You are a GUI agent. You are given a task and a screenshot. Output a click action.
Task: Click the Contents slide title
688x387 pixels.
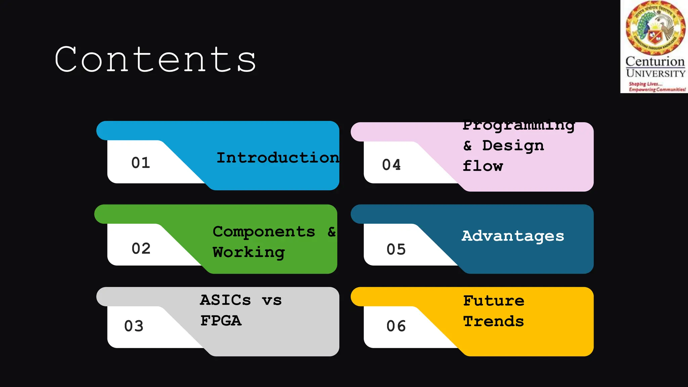155,60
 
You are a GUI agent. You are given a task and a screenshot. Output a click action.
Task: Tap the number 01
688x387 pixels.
140,163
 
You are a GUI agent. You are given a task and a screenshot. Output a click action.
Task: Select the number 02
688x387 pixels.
141,249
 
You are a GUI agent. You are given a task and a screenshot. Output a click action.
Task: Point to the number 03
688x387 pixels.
134,326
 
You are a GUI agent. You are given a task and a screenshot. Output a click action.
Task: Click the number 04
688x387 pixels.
391,165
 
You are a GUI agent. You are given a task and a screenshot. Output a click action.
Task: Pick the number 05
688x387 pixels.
396,249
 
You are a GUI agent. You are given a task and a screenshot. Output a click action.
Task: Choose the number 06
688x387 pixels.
396,326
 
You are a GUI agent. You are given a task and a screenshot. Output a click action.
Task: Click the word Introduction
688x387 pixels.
277,158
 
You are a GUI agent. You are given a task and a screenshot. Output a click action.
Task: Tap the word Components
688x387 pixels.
264,232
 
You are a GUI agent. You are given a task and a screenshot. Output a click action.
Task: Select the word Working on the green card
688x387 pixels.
249,253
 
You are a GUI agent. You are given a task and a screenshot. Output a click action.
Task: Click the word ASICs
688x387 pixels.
225,300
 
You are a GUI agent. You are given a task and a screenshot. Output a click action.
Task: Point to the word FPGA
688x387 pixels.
221,321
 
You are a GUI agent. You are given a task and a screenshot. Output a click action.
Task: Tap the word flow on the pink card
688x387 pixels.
482,166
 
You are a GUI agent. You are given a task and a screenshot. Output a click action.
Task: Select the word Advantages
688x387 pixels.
513,236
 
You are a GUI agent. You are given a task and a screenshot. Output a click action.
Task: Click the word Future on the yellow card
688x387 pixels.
493,301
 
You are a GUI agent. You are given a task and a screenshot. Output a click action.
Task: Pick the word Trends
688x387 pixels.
493,321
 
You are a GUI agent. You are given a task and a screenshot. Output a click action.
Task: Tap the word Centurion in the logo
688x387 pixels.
655,62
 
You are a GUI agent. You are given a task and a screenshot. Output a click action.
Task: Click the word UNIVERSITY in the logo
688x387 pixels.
655,74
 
